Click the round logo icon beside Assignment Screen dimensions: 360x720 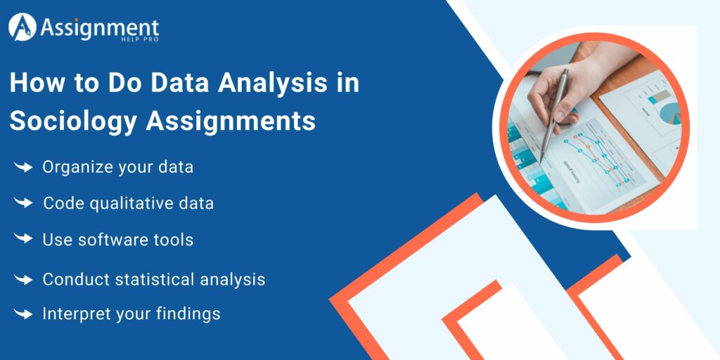[x=23, y=27]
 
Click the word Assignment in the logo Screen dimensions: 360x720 [x=99, y=27]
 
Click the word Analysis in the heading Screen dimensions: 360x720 [x=269, y=83]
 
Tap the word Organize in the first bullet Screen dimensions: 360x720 [x=75, y=167]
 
